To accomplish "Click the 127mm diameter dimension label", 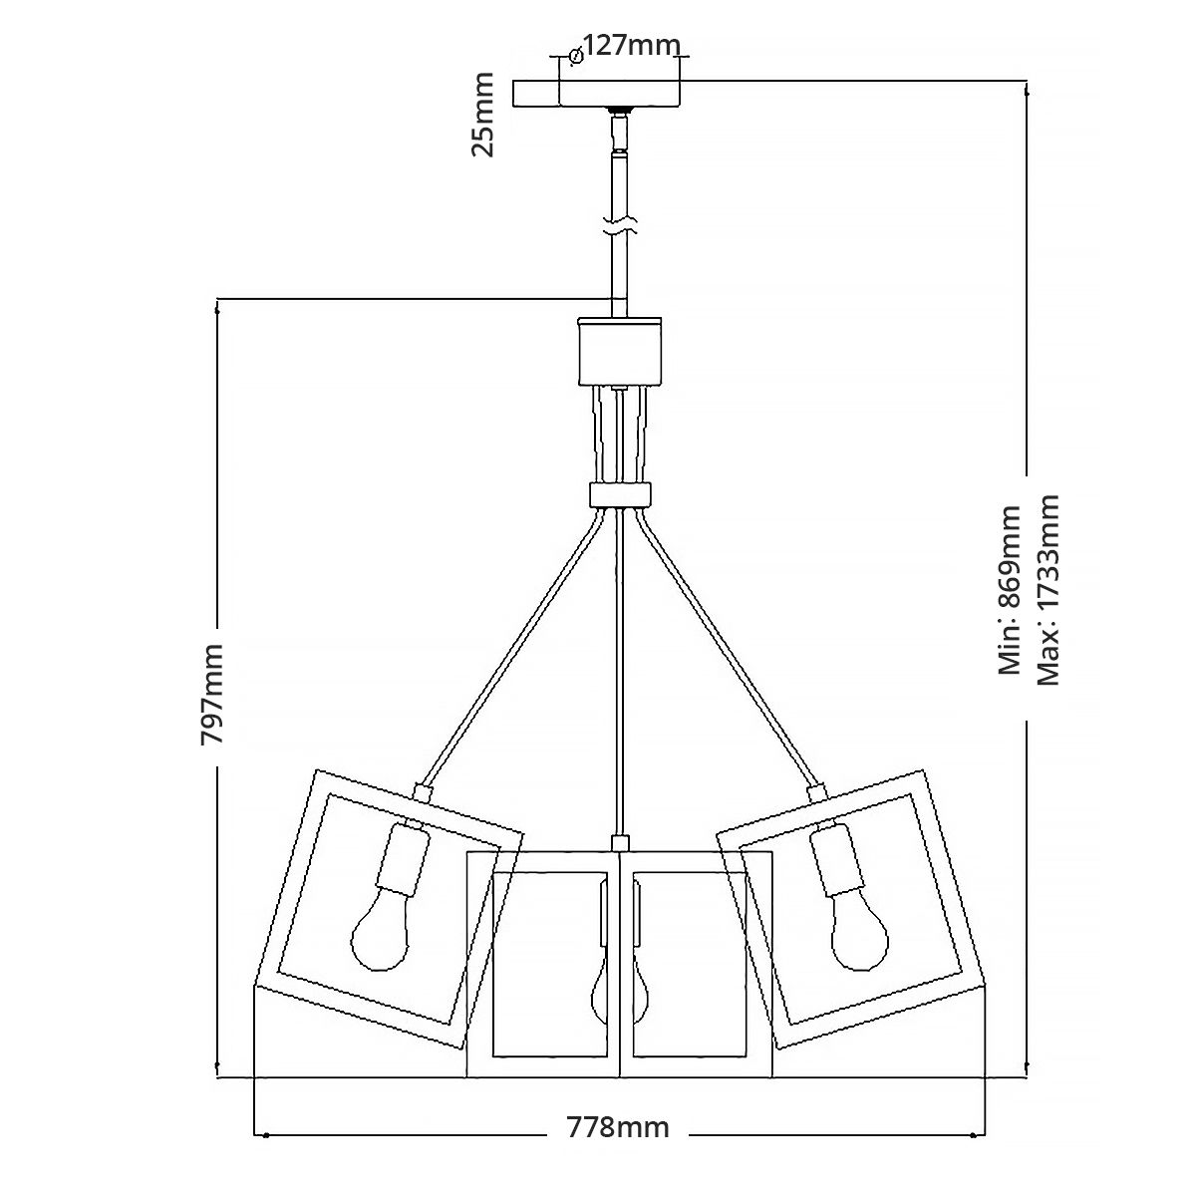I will point(631,46).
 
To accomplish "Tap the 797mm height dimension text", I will point(212,695).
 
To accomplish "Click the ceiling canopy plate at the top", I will point(596,94).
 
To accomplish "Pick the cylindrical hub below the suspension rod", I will point(619,350).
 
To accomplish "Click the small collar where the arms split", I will point(619,494).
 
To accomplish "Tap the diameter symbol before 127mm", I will point(574,56).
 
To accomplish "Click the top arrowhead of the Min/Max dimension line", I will point(1027,90).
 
